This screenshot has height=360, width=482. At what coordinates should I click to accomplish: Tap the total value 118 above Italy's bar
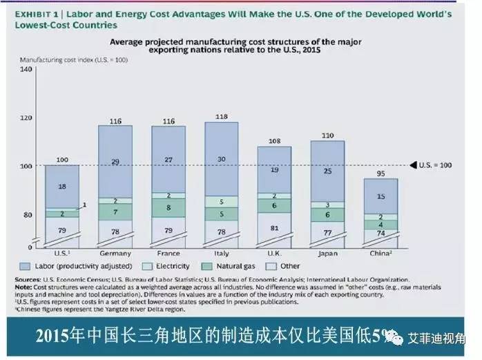point(221,117)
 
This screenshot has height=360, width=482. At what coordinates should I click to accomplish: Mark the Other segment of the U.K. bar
point(275,227)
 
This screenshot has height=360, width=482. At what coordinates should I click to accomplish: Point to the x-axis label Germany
point(115,252)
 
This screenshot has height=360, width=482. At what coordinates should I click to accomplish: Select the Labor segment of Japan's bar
point(328,171)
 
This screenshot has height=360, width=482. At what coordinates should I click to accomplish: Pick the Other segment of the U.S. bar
point(62,230)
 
